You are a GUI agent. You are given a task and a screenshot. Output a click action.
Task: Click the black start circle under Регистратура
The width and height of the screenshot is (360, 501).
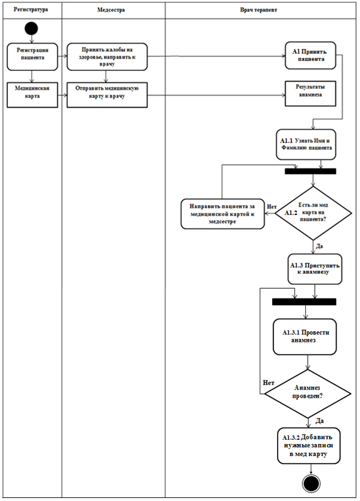click(x=31, y=28)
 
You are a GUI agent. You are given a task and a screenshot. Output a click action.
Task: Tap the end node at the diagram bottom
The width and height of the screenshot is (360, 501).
click(x=311, y=484)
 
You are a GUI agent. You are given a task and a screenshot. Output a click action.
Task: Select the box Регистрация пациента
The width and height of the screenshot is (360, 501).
click(x=32, y=57)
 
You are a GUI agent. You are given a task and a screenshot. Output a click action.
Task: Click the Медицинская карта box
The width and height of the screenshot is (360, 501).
click(x=32, y=94)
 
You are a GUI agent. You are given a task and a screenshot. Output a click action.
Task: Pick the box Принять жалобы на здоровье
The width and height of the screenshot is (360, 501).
click(x=107, y=57)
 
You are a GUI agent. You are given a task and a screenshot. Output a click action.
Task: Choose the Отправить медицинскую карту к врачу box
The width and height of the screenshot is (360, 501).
click(x=107, y=94)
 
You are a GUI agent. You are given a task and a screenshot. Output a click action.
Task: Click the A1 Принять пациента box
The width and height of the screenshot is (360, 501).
click(x=311, y=55)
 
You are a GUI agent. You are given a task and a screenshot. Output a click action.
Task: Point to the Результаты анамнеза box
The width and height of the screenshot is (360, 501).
click(x=311, y=93)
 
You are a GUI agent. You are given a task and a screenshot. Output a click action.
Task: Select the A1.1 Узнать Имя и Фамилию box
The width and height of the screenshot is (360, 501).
click(x=306, y=144)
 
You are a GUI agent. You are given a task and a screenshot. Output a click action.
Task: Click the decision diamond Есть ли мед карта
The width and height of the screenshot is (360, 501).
click(x=313, y=213)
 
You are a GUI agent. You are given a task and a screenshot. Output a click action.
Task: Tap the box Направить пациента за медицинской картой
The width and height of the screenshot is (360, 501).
click(x=222, y=214)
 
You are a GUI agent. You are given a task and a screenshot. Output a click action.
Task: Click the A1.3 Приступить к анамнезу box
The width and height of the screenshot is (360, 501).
click(x=315, y=269)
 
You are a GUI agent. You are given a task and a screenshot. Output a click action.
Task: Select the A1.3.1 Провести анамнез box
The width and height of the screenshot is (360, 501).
click(x=305, y=337)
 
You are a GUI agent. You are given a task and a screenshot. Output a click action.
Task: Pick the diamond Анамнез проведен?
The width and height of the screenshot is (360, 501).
click(x=308, y=393)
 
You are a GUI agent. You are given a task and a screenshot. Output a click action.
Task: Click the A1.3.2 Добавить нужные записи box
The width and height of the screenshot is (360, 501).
click(x=308, y=446)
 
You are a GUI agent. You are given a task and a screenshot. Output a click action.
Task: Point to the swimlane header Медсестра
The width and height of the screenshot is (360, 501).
click(x=111, y=10)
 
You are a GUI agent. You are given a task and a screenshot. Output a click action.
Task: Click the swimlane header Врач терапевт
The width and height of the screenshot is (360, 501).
click(x=258, y=10)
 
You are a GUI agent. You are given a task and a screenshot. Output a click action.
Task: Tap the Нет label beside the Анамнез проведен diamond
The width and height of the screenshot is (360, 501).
click(x=269, y=383)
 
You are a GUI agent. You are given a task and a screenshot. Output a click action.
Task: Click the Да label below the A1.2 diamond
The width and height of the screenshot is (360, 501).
click(x=319, y=246)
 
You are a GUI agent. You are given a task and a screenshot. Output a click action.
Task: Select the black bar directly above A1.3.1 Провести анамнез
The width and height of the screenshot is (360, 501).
click(x=304, y=302)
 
